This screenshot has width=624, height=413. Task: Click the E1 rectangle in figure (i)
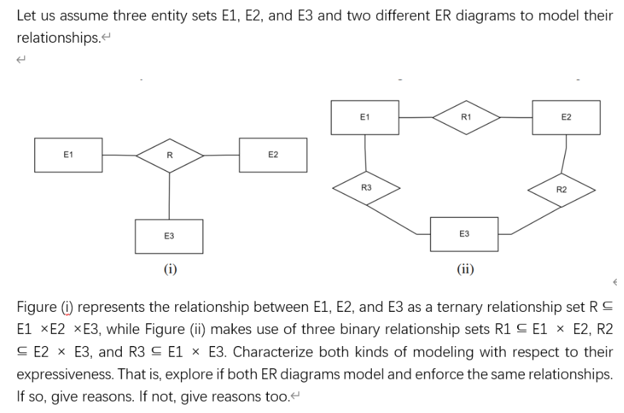[x=68, y=155]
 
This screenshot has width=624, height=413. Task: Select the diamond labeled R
[x=169, y=155]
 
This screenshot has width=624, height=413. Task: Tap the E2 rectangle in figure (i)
[x=273, y=155]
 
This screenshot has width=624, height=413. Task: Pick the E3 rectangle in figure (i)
[x=169, y=236]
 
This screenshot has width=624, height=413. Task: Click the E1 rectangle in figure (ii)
[x=365, y=117]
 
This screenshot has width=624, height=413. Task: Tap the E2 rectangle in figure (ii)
[x=566, y=117]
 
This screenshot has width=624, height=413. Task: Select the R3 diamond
[x=365, y=187]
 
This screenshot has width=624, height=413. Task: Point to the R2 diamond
[x=561, y=189]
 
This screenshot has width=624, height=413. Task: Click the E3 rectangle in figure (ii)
[x=464, y=234]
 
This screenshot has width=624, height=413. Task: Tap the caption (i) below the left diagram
[x=170, y=268]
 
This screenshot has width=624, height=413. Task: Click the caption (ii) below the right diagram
[x=465, y=268]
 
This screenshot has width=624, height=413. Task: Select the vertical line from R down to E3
[x=169, y=196]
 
